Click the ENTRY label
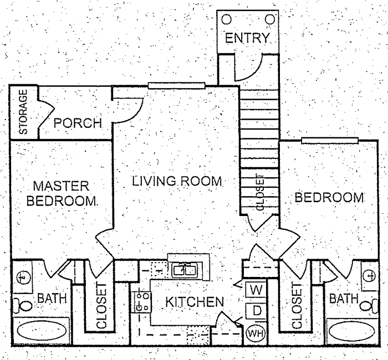pos(247,39)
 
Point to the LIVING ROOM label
pos(177,181)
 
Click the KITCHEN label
pos(194,302)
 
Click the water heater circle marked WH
pos(254,333)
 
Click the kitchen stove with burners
pos(141,301)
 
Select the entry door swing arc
pos(249,69)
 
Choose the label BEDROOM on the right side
pos(329,197)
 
